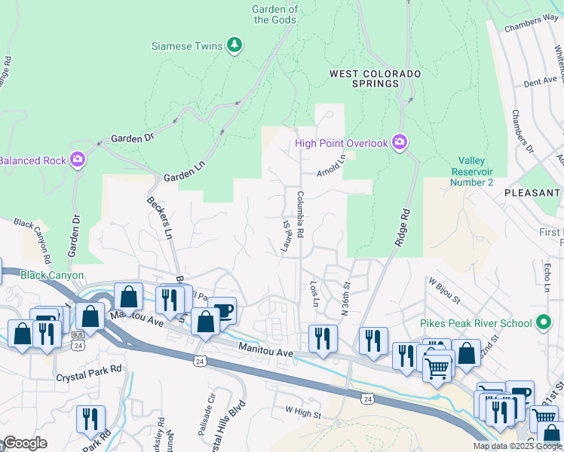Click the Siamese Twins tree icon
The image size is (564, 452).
pos(234,46)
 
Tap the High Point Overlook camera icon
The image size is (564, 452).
pos(400,142)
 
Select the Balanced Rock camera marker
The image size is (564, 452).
pos(77,160)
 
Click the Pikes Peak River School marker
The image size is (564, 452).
pos(543,323)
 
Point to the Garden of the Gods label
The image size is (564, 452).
pos(276,14)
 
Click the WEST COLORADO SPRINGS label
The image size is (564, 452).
pos(375,79)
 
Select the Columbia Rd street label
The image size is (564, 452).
pos(299,214)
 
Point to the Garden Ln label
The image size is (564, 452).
pos(184,175)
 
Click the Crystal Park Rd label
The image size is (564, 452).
pos(88,369)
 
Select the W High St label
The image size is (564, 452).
pos(303,413)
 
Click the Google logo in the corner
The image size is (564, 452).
pos(25,443)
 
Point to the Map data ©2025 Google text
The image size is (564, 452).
pos(516,446)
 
